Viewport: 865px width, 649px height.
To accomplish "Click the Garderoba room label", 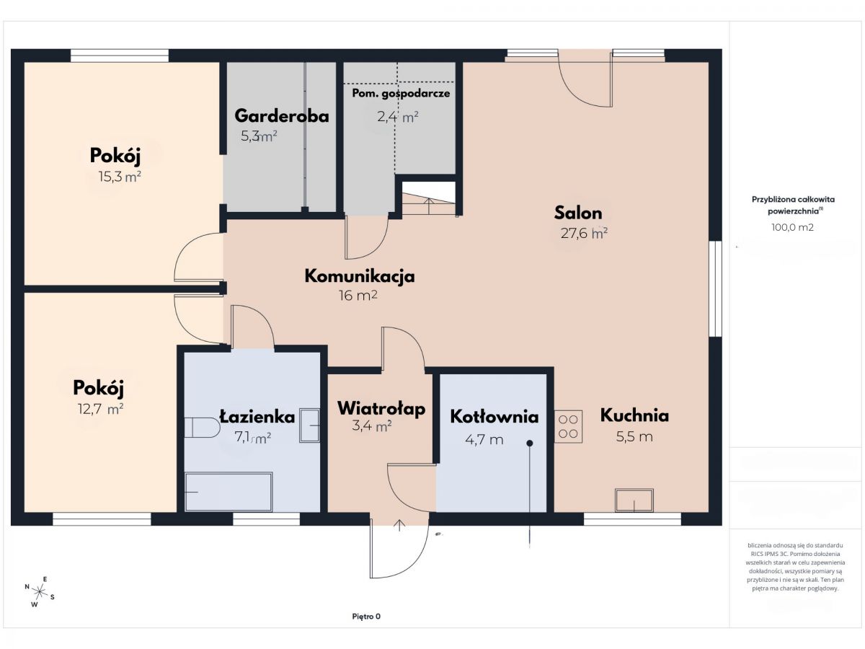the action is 281,116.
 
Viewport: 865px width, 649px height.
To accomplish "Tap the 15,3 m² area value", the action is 120,177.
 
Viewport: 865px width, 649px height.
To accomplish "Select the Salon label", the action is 578,213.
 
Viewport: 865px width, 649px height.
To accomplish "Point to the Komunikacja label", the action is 360,276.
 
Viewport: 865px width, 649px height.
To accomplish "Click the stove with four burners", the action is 568,426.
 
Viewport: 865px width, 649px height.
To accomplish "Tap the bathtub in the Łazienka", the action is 229,492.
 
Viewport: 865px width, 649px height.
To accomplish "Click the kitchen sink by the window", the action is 634,500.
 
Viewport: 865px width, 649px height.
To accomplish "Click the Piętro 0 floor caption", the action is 366,617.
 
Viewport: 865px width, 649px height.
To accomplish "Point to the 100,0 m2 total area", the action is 792,227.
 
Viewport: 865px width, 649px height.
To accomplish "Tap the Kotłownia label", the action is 494,417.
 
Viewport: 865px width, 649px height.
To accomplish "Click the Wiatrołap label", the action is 381,408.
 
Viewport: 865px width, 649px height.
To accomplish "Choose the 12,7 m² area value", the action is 100,409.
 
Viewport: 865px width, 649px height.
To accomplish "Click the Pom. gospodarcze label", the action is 401,94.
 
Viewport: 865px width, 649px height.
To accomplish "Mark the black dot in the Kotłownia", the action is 530,443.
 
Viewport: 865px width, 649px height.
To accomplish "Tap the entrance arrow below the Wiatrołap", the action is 399,525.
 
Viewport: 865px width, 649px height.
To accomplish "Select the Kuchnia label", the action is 634,415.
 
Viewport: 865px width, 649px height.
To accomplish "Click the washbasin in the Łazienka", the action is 309,425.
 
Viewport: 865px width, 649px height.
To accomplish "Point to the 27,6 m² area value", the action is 584,233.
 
